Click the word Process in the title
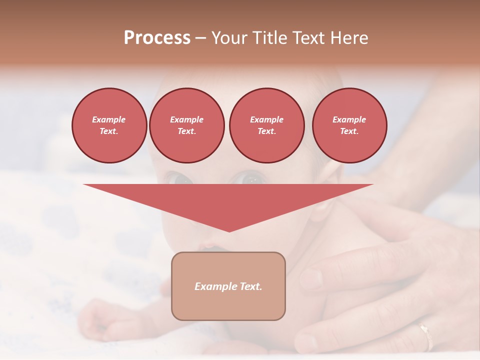(157, 37)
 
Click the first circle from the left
(109, 125)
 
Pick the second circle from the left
(186, 125)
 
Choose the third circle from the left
(266, 125)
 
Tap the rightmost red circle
(349, 125)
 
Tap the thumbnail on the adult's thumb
(310, 278)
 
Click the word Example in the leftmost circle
(109, 119)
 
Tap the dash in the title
(201, 38)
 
